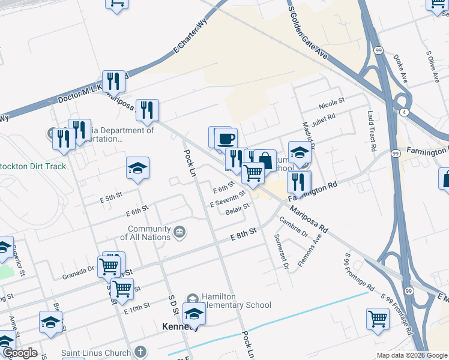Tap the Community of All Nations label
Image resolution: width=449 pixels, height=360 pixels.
click(149, 233)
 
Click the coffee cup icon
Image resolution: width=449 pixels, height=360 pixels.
click(226, 139)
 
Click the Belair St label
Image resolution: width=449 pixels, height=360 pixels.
click(238, 209)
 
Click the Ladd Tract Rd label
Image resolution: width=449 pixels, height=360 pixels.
click(372, 131)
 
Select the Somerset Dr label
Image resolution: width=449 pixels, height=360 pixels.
click(282, 251)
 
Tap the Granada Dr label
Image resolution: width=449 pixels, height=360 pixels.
click(78, 273)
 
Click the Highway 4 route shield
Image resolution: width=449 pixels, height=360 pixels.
click(405, 112)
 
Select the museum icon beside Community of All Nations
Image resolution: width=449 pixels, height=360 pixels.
click(179, 232)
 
